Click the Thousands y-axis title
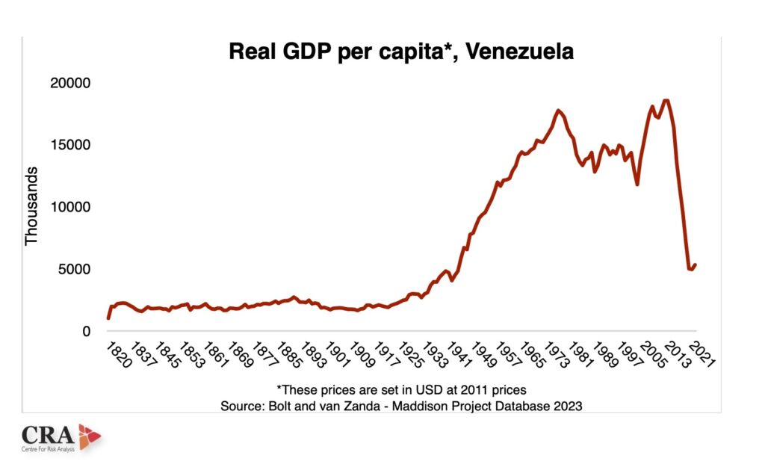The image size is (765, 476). click(31, 207)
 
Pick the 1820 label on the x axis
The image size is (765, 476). click(118, 353)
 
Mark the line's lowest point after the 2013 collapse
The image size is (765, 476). click(691, 269)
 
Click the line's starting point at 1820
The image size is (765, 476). click(108, 318)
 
